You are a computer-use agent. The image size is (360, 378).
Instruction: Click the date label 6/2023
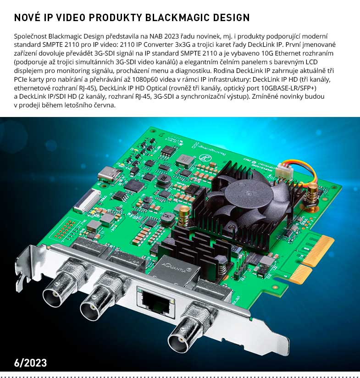tap(31, 363)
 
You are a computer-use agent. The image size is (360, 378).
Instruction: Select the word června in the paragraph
tap(105, 105)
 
